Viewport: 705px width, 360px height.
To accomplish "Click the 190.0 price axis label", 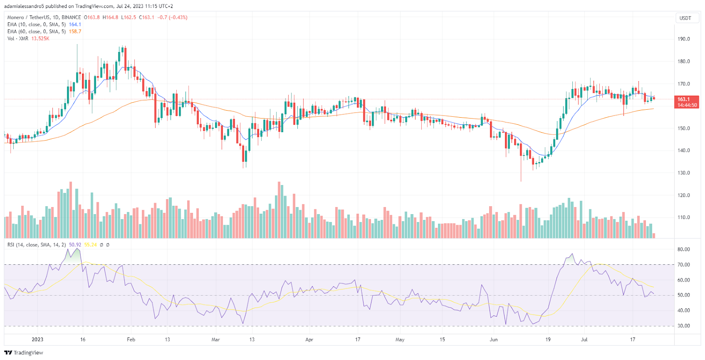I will (683, 39).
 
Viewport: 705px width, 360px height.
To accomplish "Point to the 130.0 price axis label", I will (683, 173).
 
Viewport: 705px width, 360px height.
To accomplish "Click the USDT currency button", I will (685, 18).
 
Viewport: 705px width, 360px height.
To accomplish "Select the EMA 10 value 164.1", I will (75, 25).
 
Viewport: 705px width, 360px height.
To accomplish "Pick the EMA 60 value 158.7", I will (75, 32).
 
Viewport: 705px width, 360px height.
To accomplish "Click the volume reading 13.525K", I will (40, 39).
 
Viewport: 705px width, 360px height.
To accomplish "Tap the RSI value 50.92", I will (75, 245).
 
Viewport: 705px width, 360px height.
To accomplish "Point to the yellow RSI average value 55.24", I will (90, 245).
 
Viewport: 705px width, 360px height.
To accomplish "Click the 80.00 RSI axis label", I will (683, 249).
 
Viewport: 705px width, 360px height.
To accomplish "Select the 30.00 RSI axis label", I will (683, 326).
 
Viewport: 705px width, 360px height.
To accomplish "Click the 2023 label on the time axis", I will (37, 340).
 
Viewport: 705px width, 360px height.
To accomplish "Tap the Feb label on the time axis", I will (131, 340).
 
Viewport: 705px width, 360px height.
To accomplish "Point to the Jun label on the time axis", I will (493, 340).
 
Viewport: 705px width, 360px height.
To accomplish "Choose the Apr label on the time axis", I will (309, 340).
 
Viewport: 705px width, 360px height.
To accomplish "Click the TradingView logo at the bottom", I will (24, 353).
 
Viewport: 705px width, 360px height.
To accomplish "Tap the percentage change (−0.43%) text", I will (177, 18).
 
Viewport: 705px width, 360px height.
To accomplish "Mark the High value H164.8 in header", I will (110, 18).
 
